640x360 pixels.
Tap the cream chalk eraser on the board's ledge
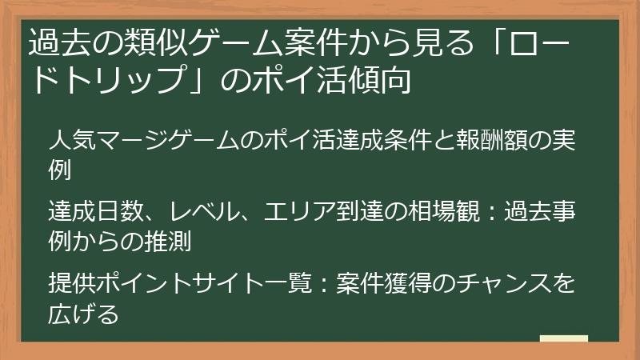[x=563, y=339]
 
